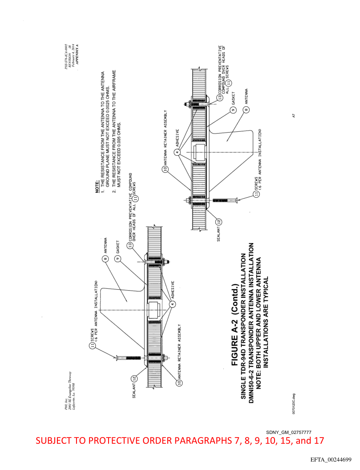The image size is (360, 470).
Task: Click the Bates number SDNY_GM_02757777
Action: point(289,433)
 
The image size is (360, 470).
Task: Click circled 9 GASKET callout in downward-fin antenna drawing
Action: point(233,109)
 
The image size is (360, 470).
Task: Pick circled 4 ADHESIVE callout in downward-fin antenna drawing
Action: point(177,152)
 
